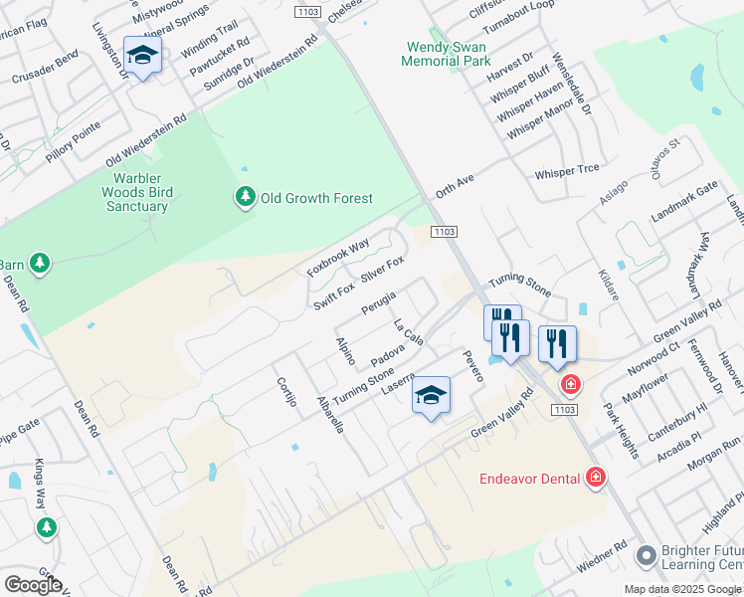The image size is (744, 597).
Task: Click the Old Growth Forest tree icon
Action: click(245, 198)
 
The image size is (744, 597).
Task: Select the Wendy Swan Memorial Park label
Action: click(446, 54)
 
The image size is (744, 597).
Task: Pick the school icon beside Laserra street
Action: click(431, 396)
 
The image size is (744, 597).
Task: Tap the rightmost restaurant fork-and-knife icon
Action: click(557, 344)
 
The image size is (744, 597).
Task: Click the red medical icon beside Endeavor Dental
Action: click(596, 479)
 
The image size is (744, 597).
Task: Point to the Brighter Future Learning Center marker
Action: click(646, 554)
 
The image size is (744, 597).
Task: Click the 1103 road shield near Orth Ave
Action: click(444, 231)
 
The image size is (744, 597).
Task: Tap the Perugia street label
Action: click(378, 302)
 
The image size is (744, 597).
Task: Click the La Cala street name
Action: click(408, 333)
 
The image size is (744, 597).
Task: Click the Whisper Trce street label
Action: click(567, 171)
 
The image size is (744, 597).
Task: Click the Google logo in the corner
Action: click(32, 584)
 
